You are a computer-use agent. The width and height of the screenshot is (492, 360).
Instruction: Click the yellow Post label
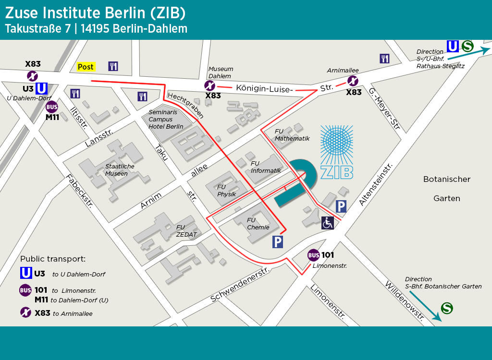coord(86,67)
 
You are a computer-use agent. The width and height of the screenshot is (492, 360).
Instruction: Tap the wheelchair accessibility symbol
coord(328,223)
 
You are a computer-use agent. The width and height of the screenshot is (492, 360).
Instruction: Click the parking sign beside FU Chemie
coord(278,242)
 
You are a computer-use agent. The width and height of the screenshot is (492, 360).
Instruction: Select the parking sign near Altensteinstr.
coord(341,206)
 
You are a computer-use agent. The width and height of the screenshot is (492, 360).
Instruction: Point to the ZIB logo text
coord(336,172)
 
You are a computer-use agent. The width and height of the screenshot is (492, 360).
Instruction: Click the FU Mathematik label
coord(292,135)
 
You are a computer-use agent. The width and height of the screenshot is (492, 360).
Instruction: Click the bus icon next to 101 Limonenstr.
coord(314,255)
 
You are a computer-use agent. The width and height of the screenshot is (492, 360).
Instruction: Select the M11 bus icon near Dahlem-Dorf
coord(52,107)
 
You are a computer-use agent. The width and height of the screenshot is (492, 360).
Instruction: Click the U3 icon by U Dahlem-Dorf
coord(42,88)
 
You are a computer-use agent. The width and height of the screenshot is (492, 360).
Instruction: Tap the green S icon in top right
coord(467,46)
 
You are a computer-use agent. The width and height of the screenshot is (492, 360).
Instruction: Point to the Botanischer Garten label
coord(447,189)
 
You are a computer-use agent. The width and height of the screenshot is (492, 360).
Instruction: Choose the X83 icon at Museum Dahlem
coord(210,86)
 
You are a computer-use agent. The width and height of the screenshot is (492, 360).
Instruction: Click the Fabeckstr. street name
coord(79,191)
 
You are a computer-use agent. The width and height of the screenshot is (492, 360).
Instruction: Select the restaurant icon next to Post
coord(113,66)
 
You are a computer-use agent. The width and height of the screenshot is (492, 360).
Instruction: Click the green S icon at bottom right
coord(447,308)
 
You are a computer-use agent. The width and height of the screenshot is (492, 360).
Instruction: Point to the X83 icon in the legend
coord(25,312)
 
